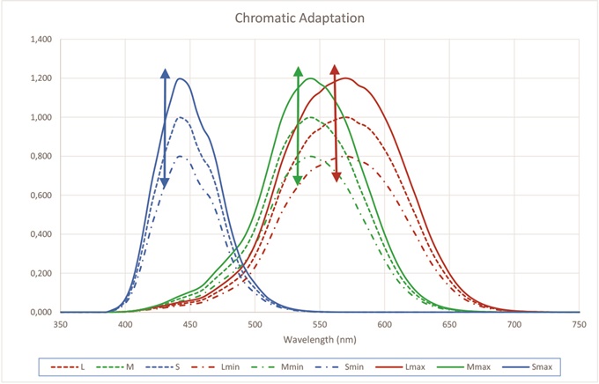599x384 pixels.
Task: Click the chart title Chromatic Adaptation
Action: click(x=299, y=17)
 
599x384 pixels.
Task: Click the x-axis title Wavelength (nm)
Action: click(x=319, y=339)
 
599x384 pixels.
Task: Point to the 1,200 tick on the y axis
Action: click(x=41, y=78)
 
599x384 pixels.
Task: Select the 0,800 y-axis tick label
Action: click(x=41, y=156)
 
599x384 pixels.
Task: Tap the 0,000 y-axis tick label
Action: click(x=41, y=312)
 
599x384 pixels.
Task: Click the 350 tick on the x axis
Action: click(x=60, y=324)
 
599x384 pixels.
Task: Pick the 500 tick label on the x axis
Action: click(x=255, y=324)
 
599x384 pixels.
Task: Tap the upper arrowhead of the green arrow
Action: click(x=298, y=70)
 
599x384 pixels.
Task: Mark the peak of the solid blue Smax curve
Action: click(x=181, y=78)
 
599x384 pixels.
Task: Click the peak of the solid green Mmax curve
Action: click(x=310, y=78)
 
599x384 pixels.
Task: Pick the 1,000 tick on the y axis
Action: click(x=41, y=117)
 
